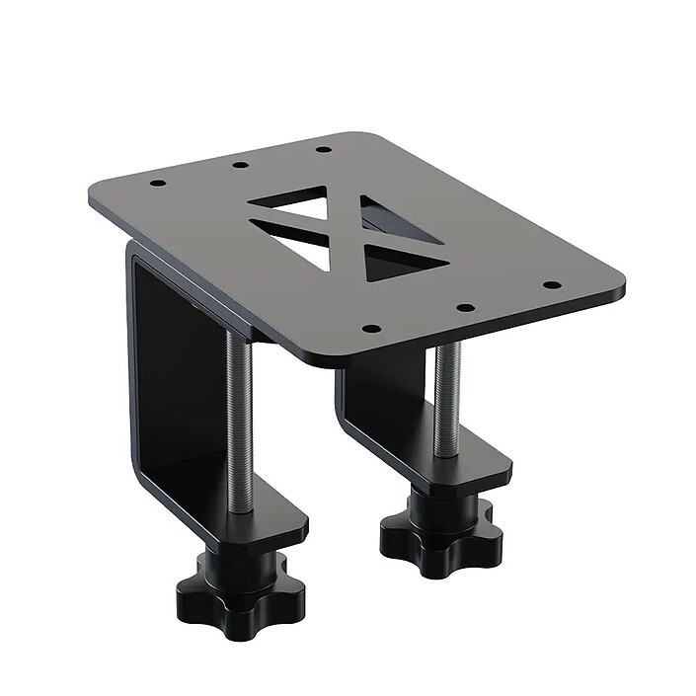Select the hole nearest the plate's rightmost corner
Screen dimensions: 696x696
click(551, 284)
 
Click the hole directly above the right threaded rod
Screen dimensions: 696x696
click(463, 306)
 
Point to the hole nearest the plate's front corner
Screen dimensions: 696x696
click(371, 328)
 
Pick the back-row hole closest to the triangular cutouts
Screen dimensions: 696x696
click(322, 150)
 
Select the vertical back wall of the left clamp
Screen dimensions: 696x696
click(148, 375)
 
